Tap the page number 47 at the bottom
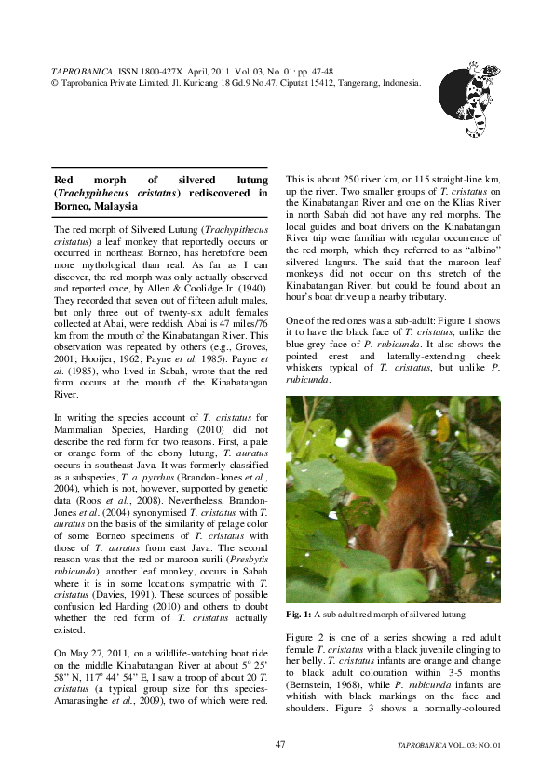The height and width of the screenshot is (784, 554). pos(280,745)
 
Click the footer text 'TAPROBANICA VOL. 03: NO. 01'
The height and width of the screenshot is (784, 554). pos(449,746)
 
